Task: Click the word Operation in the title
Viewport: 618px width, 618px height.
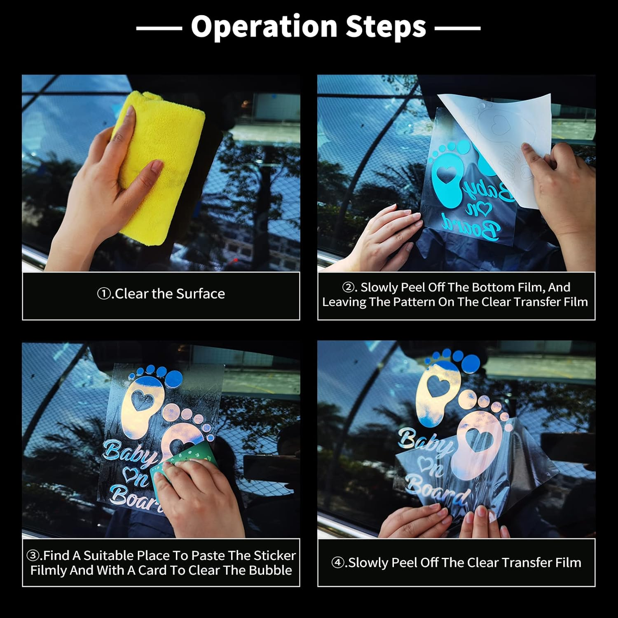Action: pyautogui.click(x=264, y=27)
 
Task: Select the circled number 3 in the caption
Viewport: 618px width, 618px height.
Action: pyautogui.click(x=33, y=556)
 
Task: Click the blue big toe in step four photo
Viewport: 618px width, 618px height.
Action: pyautogui.click(x=470, y=363)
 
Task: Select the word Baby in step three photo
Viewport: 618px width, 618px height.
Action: pyautogui.click(x=130, y=453)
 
